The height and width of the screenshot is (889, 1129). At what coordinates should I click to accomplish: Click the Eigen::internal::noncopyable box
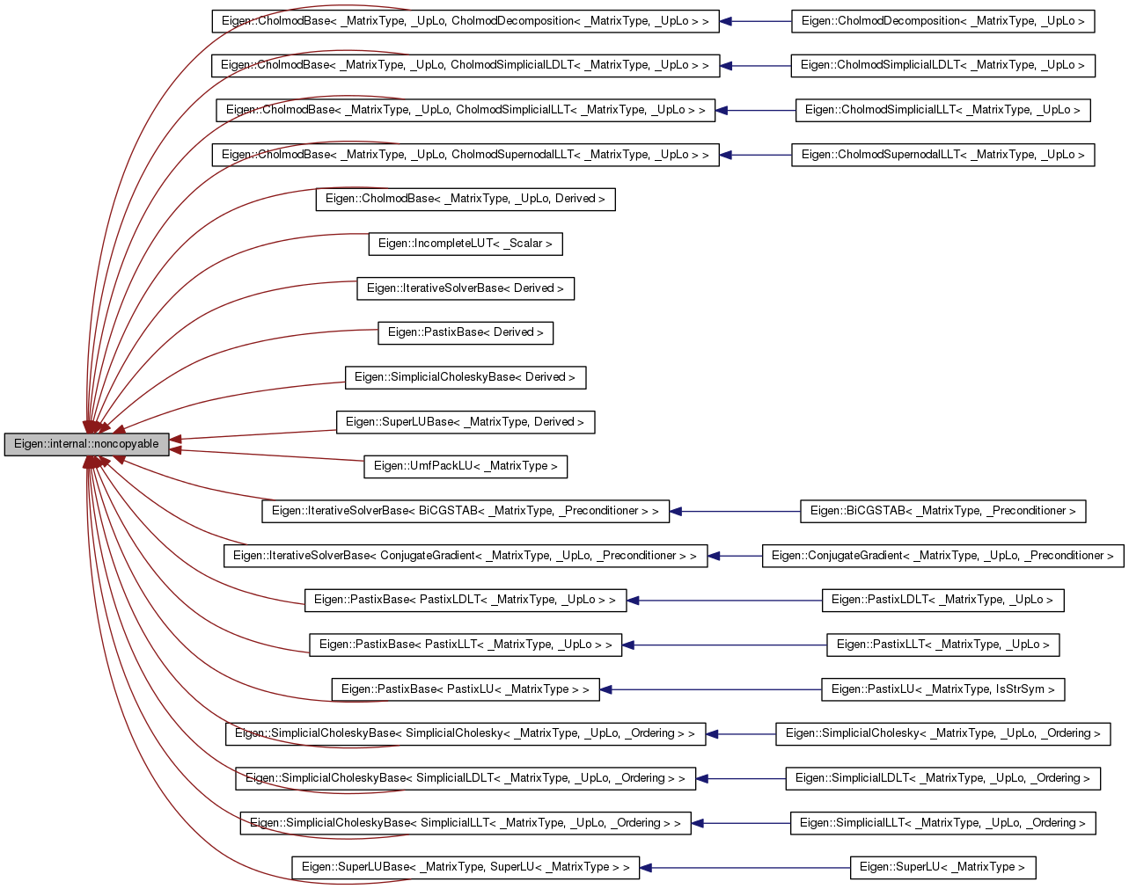[86, 444]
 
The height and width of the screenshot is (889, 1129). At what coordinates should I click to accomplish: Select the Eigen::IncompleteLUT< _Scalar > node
[465, 244]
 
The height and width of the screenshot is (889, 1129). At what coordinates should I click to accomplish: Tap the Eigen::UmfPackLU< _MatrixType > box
[465, 466]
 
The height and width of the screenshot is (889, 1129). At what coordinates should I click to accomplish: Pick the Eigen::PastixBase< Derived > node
[466, 332]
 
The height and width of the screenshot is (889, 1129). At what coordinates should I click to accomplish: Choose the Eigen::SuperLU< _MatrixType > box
[942, 867]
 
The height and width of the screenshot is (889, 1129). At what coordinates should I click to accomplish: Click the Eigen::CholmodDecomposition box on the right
[942, 21]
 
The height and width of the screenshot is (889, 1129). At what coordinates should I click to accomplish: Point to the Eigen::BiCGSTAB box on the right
[942, 511]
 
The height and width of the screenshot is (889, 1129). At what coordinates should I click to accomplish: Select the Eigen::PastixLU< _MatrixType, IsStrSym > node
[942, 689]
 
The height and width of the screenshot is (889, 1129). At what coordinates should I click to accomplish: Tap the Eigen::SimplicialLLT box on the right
[942, 823]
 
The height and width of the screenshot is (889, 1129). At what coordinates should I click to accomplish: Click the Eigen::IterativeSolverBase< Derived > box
[465, 288]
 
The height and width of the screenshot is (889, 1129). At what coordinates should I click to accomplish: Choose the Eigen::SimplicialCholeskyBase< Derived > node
[465, 377]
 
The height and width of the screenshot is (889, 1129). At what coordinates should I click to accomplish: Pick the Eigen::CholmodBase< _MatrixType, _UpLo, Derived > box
[465, 199]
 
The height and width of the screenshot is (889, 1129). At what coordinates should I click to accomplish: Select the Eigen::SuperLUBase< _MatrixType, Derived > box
[465, 422]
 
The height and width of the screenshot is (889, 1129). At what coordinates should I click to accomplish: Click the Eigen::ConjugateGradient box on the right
[942, 556]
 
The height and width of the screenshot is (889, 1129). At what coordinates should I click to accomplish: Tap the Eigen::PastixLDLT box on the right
[942, 600]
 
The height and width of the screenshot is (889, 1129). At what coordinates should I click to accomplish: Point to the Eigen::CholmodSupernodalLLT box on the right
[942, 155]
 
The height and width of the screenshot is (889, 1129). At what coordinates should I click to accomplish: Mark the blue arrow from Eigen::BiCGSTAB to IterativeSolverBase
[735, 511]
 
